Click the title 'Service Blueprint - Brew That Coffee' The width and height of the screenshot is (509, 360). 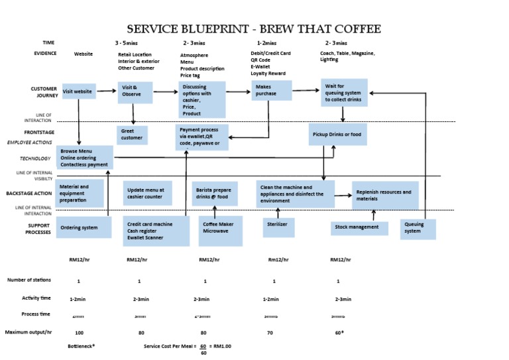254,29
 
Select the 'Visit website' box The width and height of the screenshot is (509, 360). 78,91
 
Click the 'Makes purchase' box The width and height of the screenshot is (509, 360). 272,91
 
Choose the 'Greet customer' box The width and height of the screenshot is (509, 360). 133,135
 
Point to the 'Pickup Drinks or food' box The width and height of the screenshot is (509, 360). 337,134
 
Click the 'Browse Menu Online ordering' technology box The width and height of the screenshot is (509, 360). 84,157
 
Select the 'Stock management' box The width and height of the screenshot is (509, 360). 359,227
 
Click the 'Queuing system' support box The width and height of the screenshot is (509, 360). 418,229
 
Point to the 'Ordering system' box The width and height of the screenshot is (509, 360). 84,227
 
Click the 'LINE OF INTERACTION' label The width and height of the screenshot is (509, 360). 38,118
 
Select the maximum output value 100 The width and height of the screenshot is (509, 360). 79,332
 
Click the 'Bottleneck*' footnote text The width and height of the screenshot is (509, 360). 82,346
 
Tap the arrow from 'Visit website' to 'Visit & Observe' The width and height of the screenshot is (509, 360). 107,91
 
